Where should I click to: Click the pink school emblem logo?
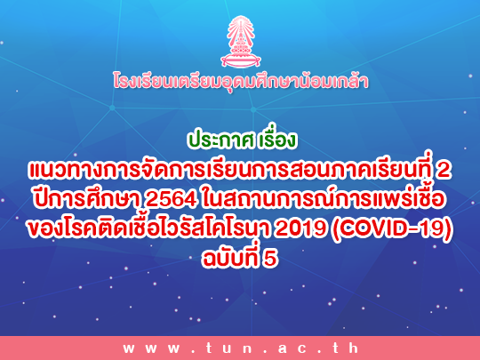241,42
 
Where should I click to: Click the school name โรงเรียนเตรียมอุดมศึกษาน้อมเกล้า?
241,81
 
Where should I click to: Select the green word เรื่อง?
276,139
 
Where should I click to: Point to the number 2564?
171,200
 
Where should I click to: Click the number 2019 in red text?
300,228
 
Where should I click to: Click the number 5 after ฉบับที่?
270,259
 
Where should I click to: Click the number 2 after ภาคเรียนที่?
444,170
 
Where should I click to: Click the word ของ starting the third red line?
45,229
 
